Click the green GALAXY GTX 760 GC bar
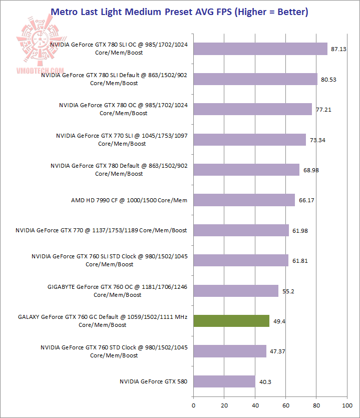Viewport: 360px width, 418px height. [231, 321]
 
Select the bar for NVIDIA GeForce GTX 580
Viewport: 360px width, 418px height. [224, 381]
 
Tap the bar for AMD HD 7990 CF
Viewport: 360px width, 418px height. [244, 200]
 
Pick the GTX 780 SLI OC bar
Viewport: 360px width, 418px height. [260, 49]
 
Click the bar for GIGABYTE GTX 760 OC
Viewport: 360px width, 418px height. [235, 291]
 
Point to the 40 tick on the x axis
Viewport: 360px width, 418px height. [255, 404]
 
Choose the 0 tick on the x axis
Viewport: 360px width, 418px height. [193, 404]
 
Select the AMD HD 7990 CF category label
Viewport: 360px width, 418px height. [129, 200]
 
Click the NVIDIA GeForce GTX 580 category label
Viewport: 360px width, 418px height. [153, 381]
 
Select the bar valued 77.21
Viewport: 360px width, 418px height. [252, 109]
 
